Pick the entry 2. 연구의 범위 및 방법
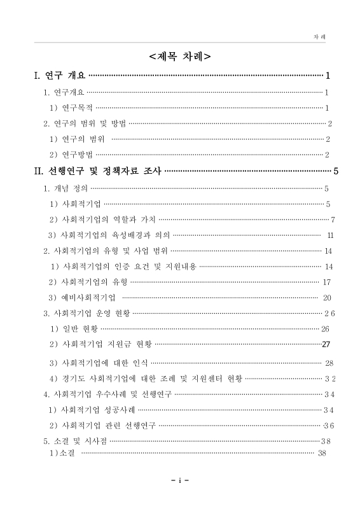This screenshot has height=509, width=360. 85,123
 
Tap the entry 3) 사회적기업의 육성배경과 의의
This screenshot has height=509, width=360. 109,235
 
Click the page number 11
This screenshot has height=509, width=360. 330,235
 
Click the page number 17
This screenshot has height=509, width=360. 328,282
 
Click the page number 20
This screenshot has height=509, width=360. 328,297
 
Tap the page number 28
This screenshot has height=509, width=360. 329,363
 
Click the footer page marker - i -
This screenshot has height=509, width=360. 180,480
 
